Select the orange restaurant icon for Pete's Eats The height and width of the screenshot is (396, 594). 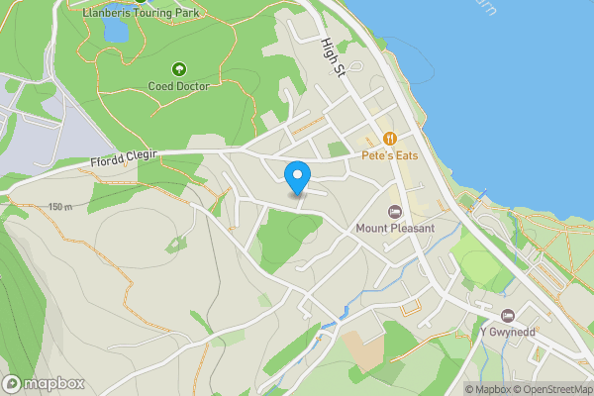tap(391, 139)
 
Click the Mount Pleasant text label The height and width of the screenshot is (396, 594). tap(396, 229)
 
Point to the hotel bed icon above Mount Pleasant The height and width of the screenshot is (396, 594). tap(395, 212)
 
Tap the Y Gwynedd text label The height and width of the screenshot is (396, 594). tap(508, 332)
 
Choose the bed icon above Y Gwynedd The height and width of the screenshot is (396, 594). tap(508, 315)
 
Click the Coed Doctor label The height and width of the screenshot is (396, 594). tap(179, 86)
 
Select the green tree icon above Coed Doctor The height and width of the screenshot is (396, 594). tap(179, 69)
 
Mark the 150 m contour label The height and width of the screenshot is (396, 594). tap(59, 207)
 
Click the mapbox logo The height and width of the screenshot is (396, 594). tap(45, 383)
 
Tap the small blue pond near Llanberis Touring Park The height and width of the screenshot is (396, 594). tap(115, 32)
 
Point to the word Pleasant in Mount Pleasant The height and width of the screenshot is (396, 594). tap(412, 229)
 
